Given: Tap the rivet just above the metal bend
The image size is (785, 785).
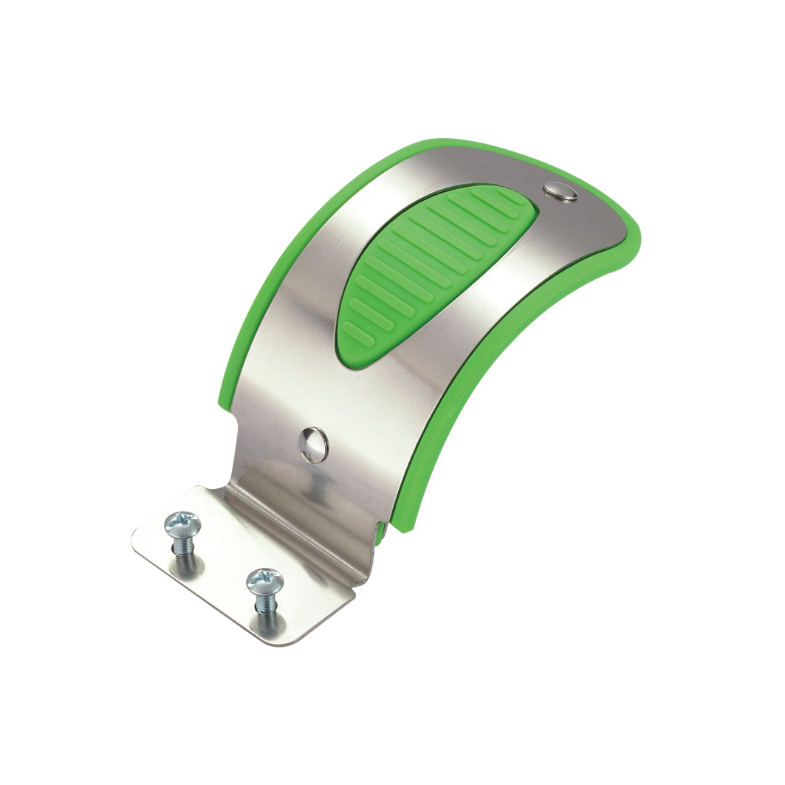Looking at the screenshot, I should click(315, 445).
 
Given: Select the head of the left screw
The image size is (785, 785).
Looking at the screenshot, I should click(182, 524).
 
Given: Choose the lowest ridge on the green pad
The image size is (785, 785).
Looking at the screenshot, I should click(358, 335).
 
